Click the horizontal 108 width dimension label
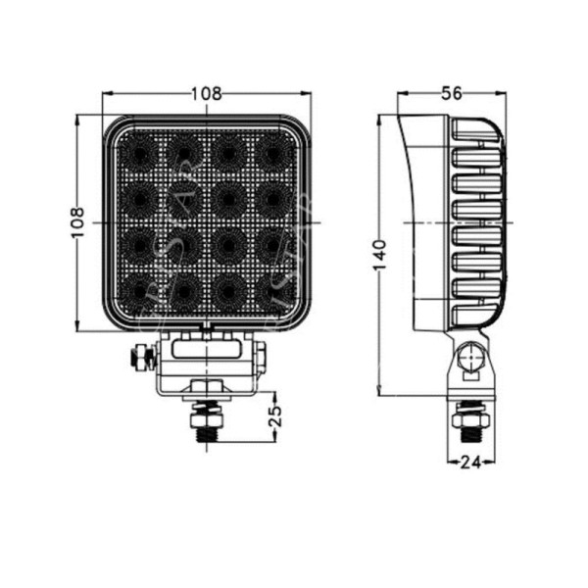pyautogui.click(x=206, y=94)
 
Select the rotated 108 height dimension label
pyautogui.click(x=78, y=223)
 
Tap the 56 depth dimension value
pyautogui.click(x=452, y=94)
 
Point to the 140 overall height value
pyautogui.click(x=380, y=253)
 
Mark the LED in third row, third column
pyautogui.click(x=228, y=245)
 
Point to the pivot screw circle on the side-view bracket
pyautogui.click(x=471, y=358)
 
